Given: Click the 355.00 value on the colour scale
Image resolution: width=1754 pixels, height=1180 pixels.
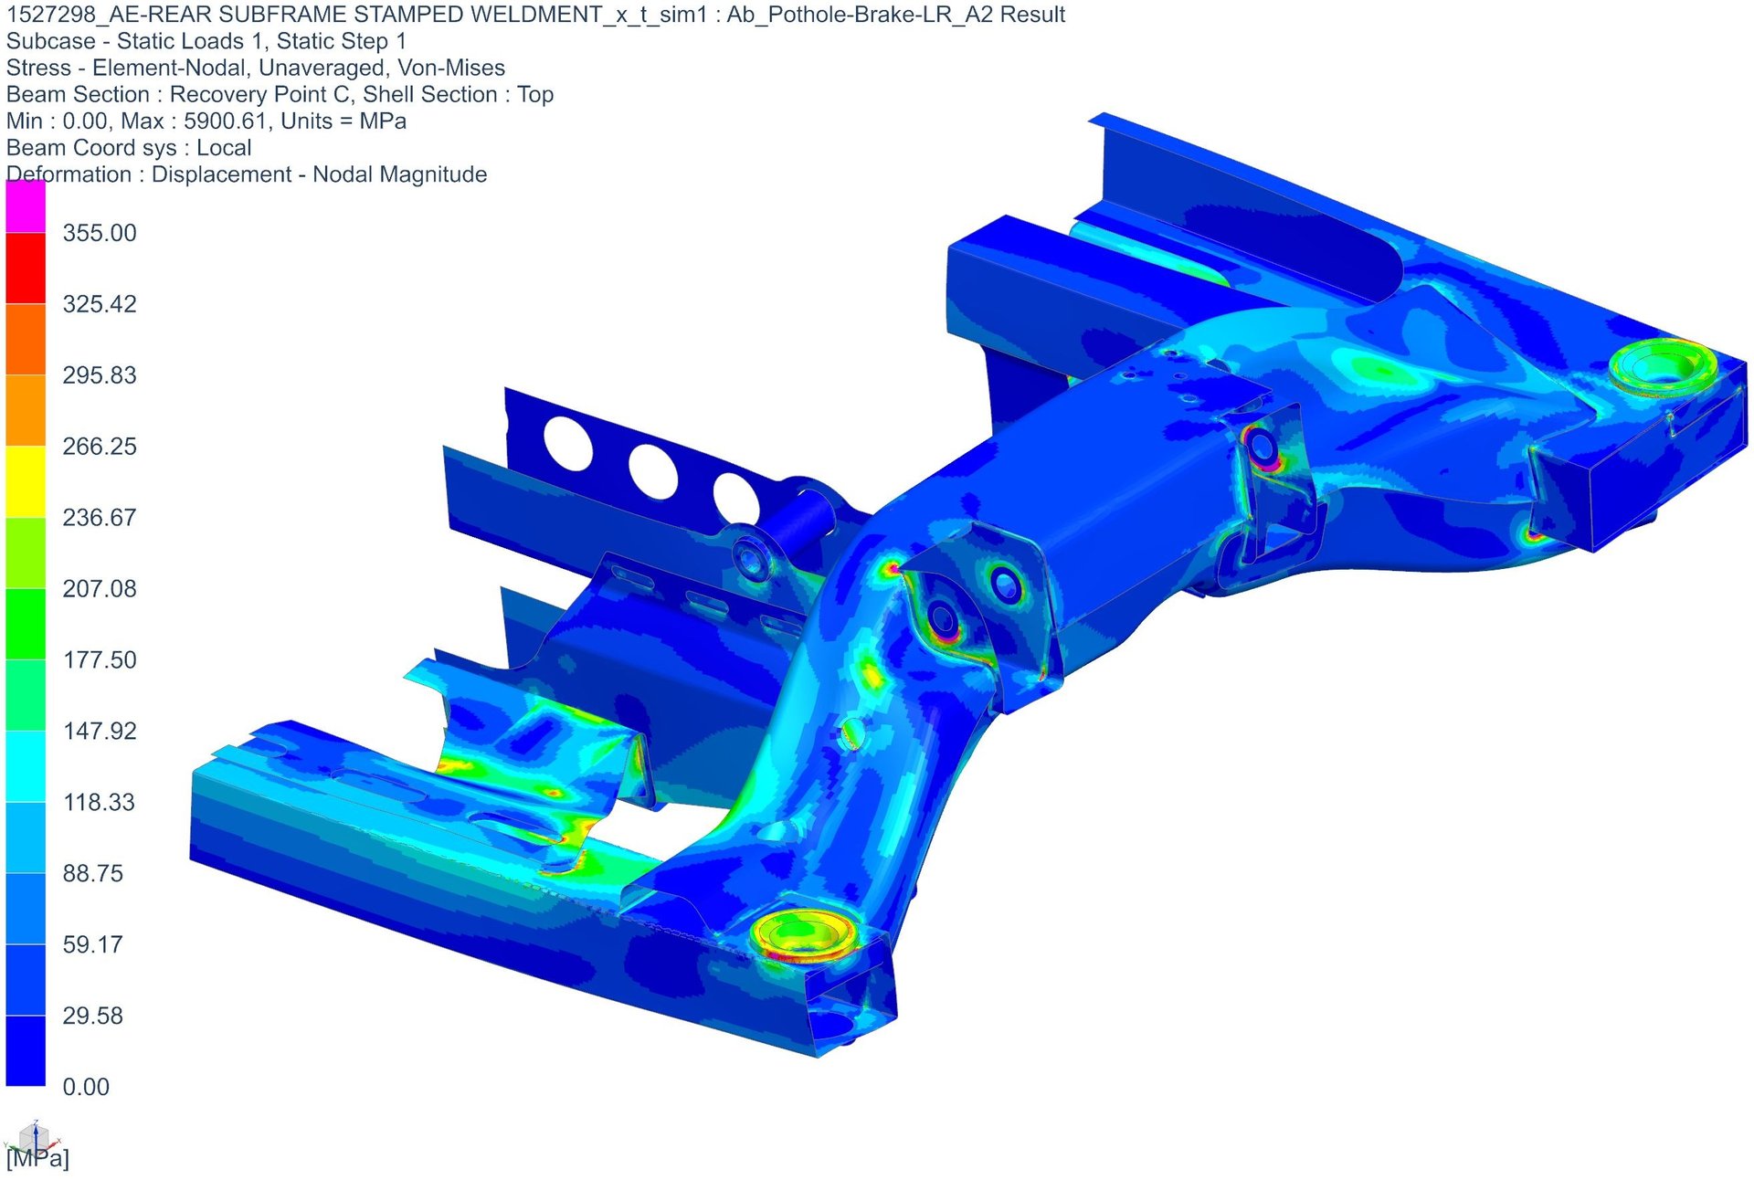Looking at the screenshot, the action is (100, 233).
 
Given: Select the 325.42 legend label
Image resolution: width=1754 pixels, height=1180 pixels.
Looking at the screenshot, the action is (100, 304).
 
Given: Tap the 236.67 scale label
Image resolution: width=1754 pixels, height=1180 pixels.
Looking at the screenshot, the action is (100, 518).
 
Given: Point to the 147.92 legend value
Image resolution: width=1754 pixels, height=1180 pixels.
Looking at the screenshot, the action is (100, 732).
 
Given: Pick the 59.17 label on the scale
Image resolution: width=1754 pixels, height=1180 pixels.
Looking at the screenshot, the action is (92, 945).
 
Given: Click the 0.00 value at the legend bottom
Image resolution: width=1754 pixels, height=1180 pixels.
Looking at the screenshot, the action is (86, 1088).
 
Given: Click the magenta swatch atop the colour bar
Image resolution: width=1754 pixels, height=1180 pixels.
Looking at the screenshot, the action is (26, 206).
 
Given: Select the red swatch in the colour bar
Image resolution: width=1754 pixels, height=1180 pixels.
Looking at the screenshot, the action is (26, 269).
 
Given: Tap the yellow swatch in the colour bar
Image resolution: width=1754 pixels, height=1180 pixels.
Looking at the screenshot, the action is (26, 482).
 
